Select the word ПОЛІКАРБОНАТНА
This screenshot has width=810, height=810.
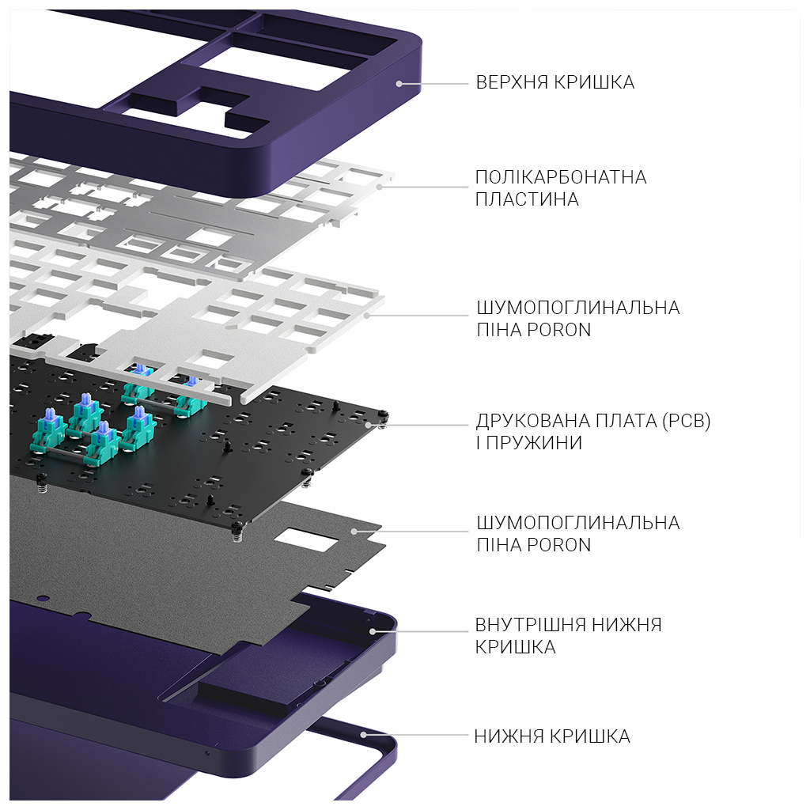click(561, 177)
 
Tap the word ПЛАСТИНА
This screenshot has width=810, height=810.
click(527, 199)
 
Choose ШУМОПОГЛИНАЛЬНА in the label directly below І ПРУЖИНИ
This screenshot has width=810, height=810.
click(577, 523)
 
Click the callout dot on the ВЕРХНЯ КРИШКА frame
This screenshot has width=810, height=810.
click(399, 82)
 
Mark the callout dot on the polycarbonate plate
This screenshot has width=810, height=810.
click(380, 187)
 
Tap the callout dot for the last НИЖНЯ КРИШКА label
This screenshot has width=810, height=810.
click(363, 735)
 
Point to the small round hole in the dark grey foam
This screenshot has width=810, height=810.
click(44, 599)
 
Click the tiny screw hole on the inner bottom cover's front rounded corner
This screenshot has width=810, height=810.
click(207, 752)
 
